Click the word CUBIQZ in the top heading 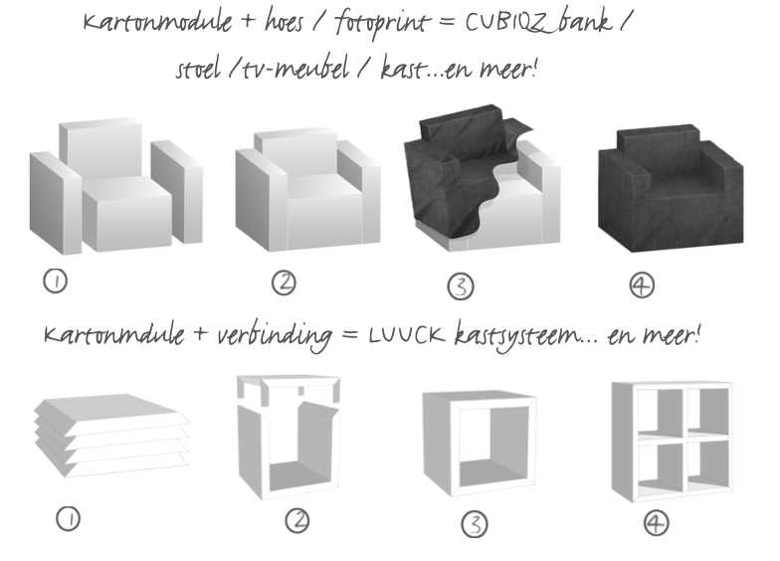[x=507, y=22]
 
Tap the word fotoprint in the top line [x=381, y=23]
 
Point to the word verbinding [x=275, y=336]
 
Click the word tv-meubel [x=295, y=70]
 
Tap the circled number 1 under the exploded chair [x=56, y=280]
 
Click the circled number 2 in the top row [x=285, y=282]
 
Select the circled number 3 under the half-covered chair [x=461, y=286]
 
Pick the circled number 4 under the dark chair [x=642, y=285]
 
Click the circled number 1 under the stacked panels [x=68, y=519]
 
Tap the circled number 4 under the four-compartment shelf [x=657, y=523]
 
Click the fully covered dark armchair [x=671, y=189]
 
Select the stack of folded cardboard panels [x=112, y=436]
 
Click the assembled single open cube [x=480, y=444]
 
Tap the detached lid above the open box [x=289, y=389]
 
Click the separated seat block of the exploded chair [x=127, y=213]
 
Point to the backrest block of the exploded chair [x=100, y=149]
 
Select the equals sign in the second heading [x=350, y=335]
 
